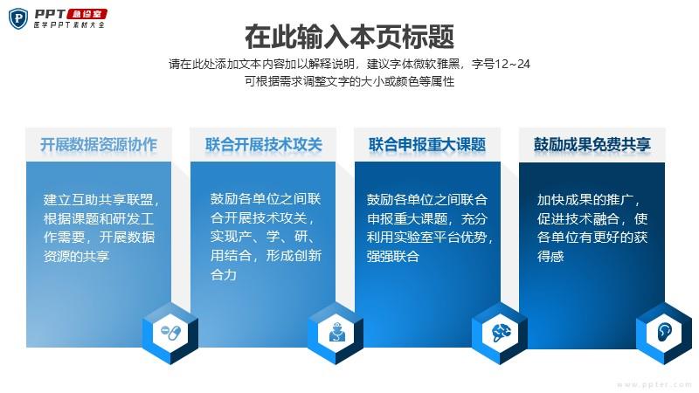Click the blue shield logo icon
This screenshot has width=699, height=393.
(x=18, y=18)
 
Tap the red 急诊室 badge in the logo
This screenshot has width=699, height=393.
(x=87, y=14)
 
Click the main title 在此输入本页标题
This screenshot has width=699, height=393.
(x=349, y=37)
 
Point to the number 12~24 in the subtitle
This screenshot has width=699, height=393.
(x=512, y=64)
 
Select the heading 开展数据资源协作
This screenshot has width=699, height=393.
(x=99, y=144)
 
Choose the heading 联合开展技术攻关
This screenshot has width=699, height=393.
(x=264, y=144)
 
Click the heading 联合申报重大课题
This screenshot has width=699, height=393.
(x=427, y=144)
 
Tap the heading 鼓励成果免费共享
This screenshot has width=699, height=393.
(x=592, y=144)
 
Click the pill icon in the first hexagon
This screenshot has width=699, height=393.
(x=170, y=333)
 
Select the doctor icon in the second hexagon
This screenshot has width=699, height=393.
(x=336, y=333)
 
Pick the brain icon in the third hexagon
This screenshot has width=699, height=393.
(x=501, y=333)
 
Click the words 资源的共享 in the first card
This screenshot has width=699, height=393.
(x=76, y=256)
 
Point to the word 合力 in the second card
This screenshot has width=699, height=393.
(x=224, y=274)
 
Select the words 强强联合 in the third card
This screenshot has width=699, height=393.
(x=392, y=256)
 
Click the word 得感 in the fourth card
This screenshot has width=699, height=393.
(x=550, y=256)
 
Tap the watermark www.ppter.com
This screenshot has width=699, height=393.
(x=654, y=384)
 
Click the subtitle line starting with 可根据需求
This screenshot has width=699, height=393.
(x=349, y=81)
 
